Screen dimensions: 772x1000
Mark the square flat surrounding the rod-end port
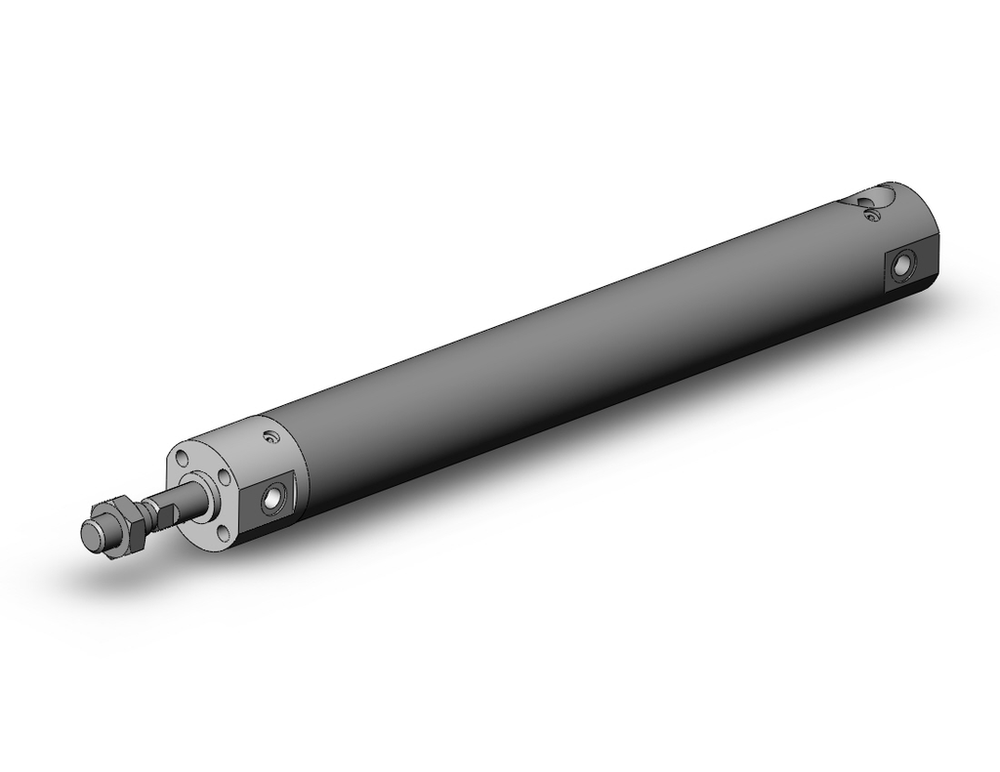pyautogui.click(x=272, y=496)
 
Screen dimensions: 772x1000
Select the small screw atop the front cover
pyautogui.click(x=268, y=436)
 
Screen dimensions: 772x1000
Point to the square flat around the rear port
pyautogui.click(x=906, y=267)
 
